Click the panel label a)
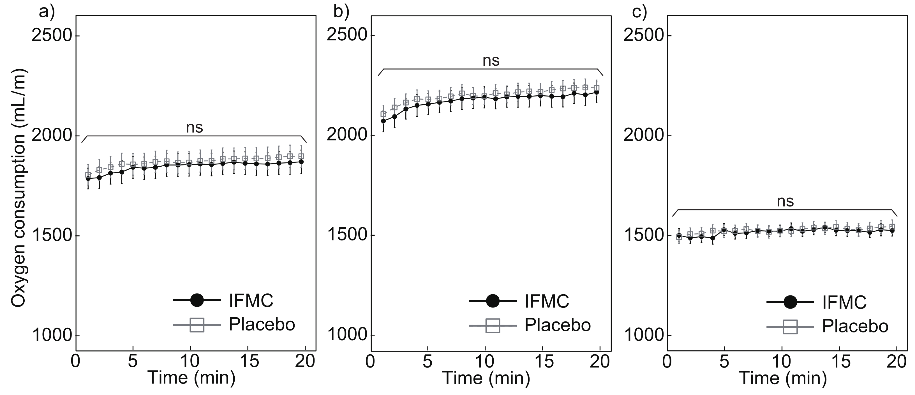tap(47, 12)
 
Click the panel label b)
tap(342, 12)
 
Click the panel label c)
tap(640, 12)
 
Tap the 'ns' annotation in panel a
tap(194, 127)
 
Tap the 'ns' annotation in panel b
tap(491, 60)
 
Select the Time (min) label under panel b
tap(486, 378)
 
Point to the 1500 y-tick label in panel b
tap(346, 235)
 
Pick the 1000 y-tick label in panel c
tap(644, 335)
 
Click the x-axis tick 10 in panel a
tap(190, 362)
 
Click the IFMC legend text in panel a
tap(251, 300)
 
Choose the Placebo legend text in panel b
tap(557, 325)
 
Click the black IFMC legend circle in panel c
tap(790, 302)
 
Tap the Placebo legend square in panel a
tap(197, 325)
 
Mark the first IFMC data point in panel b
tap(383, 121)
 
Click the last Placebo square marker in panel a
tap(301, 156)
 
